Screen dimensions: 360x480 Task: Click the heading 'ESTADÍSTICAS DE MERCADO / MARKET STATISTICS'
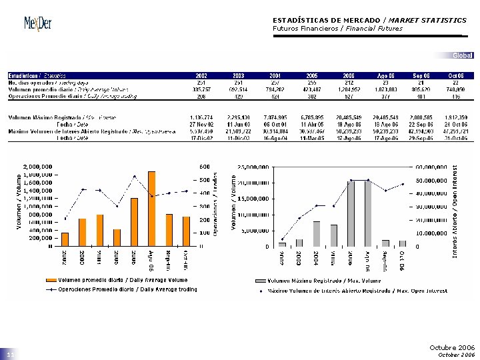coord(369,20)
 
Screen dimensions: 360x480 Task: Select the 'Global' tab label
coord(462,55)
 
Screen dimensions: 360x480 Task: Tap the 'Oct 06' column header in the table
coord(456,75)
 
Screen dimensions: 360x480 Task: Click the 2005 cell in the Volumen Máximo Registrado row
coord(312,117)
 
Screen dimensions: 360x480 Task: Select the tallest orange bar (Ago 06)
coord(151,209)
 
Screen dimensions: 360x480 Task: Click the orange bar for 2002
coord(65,239)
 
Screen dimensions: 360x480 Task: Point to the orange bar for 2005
coord(117,237)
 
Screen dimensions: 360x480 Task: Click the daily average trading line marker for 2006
coord(135,177)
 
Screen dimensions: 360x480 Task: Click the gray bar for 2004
coord(317,233)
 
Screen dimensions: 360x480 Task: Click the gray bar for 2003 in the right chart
coord(299,243)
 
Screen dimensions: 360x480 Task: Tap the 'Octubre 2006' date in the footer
coord(452,348)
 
